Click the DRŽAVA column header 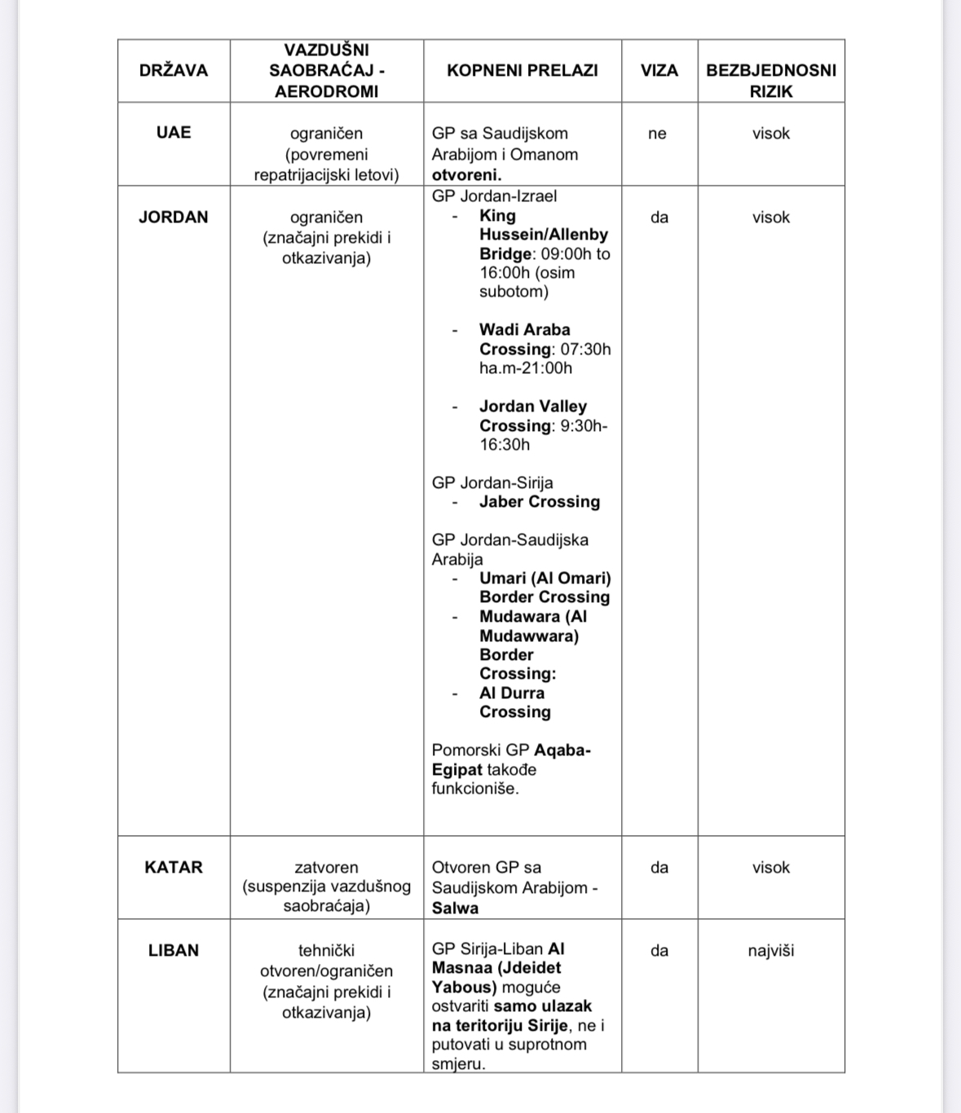tap(174, 71)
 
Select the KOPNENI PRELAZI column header tap(522, 71)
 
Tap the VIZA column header tap(659, 71)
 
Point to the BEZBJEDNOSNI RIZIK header tap(771, 81)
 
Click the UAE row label tap(174, 133)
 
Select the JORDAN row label tap(174, 218)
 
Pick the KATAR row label tap(174, 868)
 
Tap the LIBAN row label tap(174, 951)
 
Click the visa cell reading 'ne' tap(658, 134)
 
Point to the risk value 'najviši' tap(771, 951)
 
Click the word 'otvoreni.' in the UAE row tap(466, 175)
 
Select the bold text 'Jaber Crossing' tap(540, 502)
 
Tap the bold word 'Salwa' tap(455, 908)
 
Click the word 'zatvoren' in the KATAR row tap(326, 868)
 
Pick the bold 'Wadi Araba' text tap(525, 330)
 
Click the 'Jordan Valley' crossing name tap(533, 407)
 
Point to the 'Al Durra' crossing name tap(512, 693)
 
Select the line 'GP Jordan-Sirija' tap(492, 483)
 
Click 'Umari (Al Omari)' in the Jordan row tap(544, 578)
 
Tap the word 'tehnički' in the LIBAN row tap(326, 951)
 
